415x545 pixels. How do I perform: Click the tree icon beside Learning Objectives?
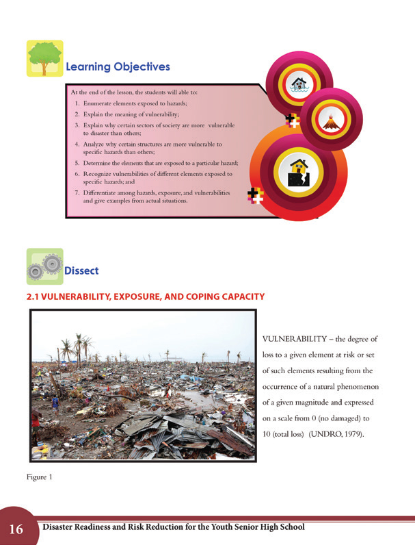point(45,58)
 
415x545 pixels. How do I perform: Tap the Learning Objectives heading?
point(117,67)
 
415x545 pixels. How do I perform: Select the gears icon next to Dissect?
point(44,266)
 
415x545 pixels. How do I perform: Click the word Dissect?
point(81,271)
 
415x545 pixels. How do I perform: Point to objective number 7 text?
point(151,197)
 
